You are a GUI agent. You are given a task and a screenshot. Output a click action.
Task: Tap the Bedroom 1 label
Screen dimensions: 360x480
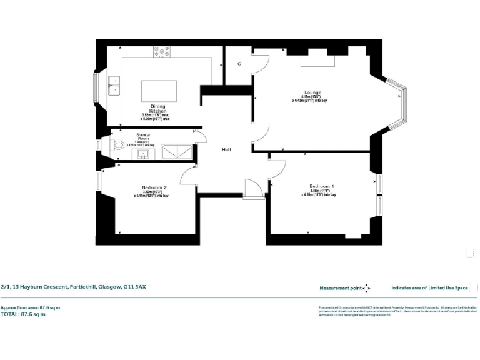pos(322,186)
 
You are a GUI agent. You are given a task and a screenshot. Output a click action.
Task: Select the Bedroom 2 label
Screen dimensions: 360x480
pos(154,187)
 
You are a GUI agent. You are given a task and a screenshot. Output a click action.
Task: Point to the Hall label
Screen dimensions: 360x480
pos(228,150)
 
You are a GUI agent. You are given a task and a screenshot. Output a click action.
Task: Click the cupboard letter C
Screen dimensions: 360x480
pos(239,64)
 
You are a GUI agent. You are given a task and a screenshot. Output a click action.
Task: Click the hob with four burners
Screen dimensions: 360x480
pos(162,52)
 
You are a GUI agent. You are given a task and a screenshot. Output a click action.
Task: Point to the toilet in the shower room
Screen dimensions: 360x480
pos(117,146)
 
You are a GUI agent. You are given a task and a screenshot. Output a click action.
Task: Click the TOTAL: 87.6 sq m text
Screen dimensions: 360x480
pos(23,314)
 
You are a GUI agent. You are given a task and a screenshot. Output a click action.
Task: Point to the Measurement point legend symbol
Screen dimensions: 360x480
pos(366,288)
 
